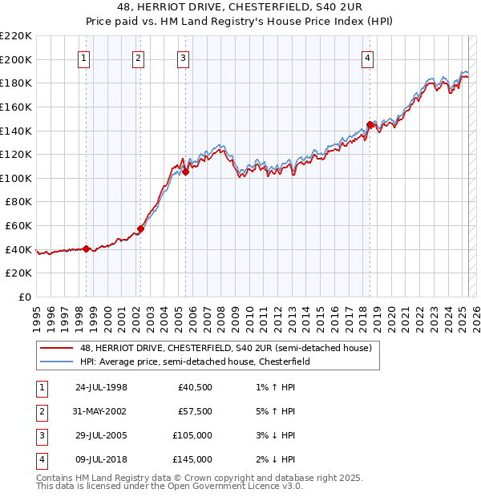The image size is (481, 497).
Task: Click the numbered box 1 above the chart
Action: point(84,58)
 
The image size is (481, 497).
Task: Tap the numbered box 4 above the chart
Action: point(367,58)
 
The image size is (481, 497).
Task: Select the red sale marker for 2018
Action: point(370,125)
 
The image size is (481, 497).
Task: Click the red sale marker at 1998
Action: point(87,248)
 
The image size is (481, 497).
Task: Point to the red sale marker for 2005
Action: point(185,172)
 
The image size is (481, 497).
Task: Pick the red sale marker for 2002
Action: point(140,228)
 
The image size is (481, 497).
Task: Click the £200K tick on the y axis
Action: point(16,59)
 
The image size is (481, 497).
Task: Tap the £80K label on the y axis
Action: point(18,202)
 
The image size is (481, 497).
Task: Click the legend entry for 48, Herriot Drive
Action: point(225,349)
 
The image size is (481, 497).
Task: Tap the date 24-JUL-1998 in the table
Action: point(101,388)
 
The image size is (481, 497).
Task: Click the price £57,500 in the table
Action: point(195,411)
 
